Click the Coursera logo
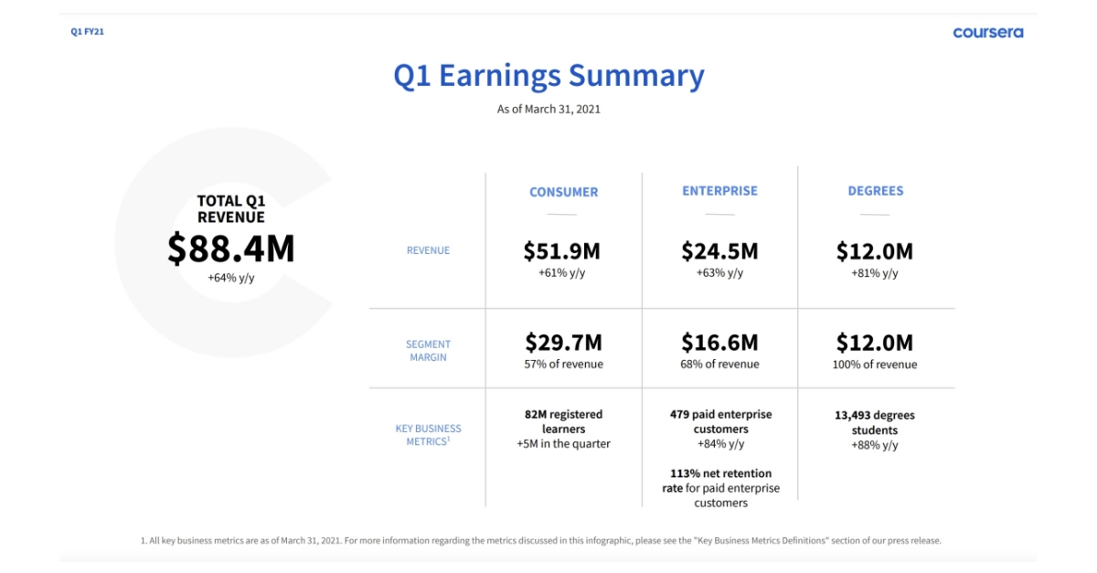tap(987, 32)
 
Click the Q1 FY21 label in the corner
tap(87, 32)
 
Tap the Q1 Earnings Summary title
tap(548, 75)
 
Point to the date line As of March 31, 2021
tap(548, 109)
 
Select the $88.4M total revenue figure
tap(230, 249)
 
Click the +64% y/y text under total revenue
tap(230, 277)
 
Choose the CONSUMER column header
tap(563, 192)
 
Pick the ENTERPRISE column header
tap(719, 191)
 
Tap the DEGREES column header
tap(875, 191)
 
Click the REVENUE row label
tap(428, 250)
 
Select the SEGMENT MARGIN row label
tap(428, 351)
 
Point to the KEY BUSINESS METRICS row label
tap(428, 435)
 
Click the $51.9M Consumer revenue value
tap(562, 251)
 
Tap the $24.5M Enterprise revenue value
tap(719, 251)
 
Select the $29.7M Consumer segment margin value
tap(563, 343)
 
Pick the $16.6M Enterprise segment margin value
tap(719, 343)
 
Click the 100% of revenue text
tap(875, 365)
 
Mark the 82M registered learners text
tap(563, 421)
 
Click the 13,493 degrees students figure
tap(875, 422)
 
